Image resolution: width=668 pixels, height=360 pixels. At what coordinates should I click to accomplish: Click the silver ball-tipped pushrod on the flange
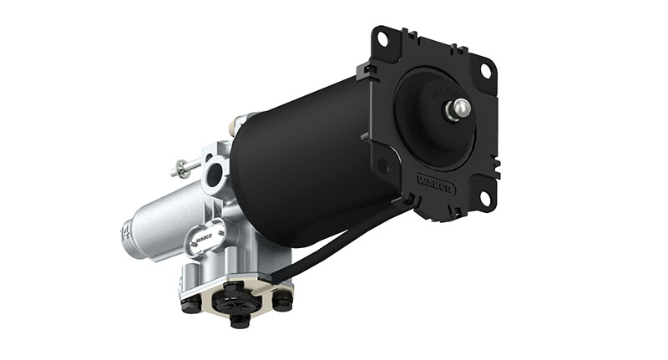tap(458, 109)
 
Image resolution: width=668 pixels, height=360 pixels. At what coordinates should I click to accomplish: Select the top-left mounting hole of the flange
tap(382, 38)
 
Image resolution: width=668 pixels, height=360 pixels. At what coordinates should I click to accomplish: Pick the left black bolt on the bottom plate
tap(190, 304)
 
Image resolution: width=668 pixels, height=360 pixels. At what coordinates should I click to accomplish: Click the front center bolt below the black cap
tap(239, 321)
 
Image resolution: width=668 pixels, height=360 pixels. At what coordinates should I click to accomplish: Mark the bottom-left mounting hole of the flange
tap(385, 166)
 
